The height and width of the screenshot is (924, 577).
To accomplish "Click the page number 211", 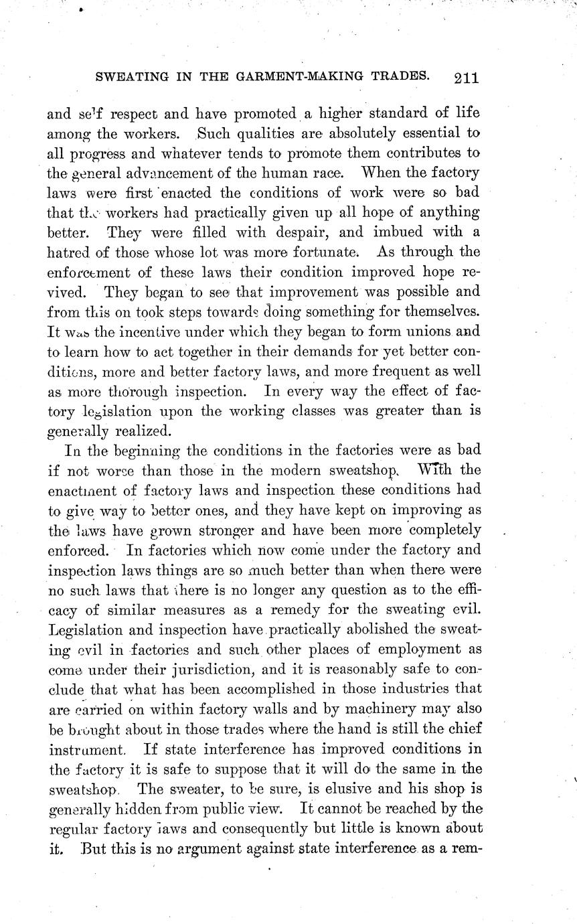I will [465, 77].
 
